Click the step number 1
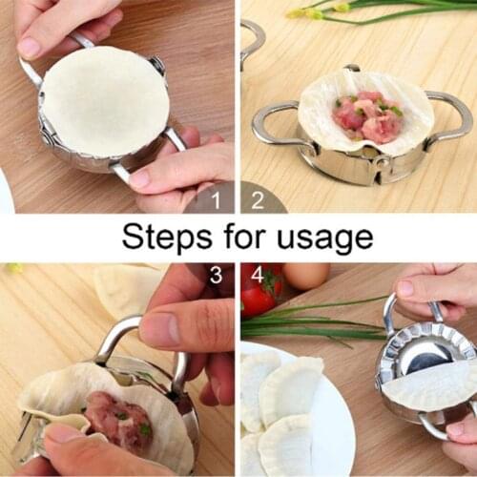click(x=215, y=199)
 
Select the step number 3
click(x=216, y=276)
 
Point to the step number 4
click(x=257, y=276)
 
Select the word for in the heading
click(x=240, y=237)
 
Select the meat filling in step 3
click(x=118, y=419)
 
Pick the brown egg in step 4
click(x=305, y=276)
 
